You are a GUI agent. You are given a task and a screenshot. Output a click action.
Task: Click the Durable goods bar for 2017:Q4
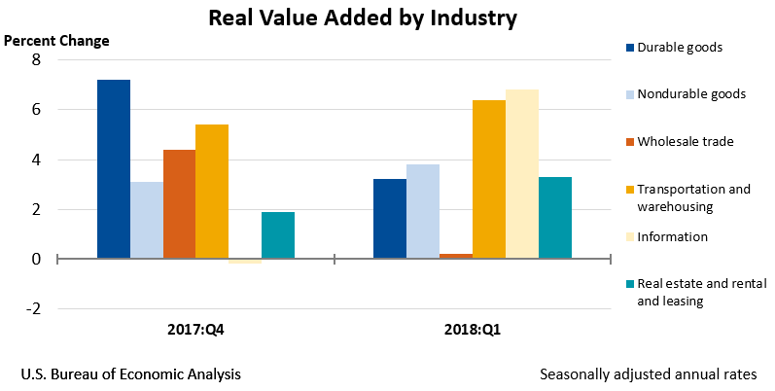tap(113, 169)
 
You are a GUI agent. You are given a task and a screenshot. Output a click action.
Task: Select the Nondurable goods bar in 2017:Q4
tap(146, 220)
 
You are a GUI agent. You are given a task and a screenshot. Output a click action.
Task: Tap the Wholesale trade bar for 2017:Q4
tap(179, 204)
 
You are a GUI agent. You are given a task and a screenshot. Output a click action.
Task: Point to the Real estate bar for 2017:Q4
tap(278, 235)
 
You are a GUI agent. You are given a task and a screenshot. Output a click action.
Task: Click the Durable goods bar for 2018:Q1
tap(390, 219)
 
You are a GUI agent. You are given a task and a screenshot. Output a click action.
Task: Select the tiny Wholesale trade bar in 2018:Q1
tap(456, 256)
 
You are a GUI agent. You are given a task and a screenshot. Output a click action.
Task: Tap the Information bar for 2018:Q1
tap(522, 174)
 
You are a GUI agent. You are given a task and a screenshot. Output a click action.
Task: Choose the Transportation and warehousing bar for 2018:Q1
tap(489, 179)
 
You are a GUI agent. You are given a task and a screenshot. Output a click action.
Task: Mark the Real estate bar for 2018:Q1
tap(555, 218)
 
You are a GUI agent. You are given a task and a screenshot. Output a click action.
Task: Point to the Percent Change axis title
tap(57, 41)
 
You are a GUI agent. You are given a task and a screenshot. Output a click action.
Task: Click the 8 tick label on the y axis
tap(36, 60)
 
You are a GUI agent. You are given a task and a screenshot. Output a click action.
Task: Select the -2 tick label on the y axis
tap(33, 309)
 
